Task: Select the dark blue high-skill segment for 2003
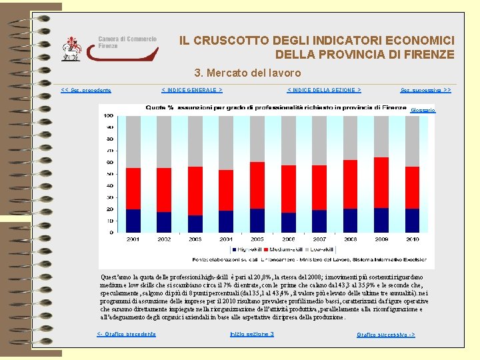point(195,224)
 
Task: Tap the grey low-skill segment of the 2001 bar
point(133,141)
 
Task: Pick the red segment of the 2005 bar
point(257,186)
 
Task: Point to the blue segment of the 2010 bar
point(412,220)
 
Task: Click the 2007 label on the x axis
point(319,239)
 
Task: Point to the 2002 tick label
point(165,239)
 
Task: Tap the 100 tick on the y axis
point(107,115)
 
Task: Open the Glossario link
point(423,109)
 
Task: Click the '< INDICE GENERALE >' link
point(192,89)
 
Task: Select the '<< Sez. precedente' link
point(86,90)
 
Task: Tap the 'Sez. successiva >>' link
point(425,90)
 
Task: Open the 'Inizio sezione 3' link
point(251,333)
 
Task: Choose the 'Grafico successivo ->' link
point(385,334)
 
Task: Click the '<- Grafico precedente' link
point(126,333)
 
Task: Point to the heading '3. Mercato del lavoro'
point(247,73)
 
